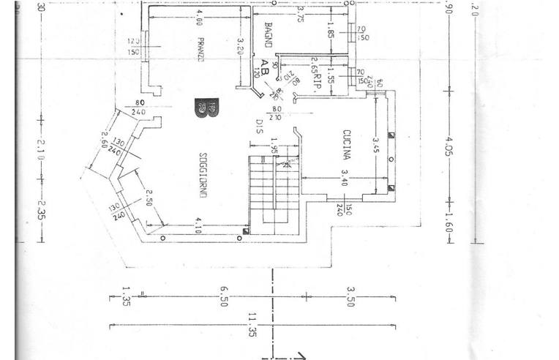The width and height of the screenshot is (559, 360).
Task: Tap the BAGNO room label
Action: coord(267,35)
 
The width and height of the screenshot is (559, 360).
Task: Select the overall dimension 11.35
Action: coord(252,322)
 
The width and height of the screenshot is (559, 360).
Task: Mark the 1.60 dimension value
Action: coord(449,217)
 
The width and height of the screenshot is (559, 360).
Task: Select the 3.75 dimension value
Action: coord(300,15)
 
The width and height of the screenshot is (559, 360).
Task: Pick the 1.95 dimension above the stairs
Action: coord(274,149)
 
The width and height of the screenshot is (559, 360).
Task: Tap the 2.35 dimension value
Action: coord(41,209)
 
